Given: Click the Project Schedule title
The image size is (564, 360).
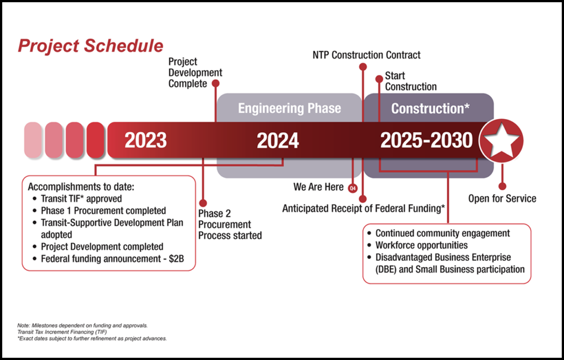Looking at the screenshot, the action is click(91, 46).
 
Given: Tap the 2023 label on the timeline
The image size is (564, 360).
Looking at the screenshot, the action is click(145, 140).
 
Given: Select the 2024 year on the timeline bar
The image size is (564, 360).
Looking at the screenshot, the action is click(278, 140).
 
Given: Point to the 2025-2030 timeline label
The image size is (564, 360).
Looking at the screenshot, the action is click(427, 140).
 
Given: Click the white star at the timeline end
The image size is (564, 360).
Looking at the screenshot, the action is click(501, 140).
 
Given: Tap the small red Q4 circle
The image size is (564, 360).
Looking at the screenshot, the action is click(353, 188).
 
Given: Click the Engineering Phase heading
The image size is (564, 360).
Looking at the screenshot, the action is click(290, 108).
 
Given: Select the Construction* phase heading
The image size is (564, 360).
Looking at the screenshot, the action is click(430, 108).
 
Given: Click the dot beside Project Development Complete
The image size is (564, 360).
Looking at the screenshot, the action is click(215, 84).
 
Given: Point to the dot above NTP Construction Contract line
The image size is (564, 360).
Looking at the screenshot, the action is click(363, 67).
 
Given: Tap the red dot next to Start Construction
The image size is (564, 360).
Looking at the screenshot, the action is click(379, 79).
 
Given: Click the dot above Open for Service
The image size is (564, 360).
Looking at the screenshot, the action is click(502, 186).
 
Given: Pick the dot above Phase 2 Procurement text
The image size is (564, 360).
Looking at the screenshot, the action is click(203, 203).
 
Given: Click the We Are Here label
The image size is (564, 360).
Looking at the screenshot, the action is click(318, 187).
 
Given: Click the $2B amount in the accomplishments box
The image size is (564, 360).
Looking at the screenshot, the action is click(176, 259).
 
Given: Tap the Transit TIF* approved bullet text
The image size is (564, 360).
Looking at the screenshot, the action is click(82, 199).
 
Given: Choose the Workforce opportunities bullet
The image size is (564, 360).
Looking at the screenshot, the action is click(421, 246).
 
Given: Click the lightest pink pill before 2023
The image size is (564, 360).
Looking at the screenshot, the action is click(33, 140).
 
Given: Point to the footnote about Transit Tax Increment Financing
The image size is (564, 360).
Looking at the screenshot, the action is click(62, 332).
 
